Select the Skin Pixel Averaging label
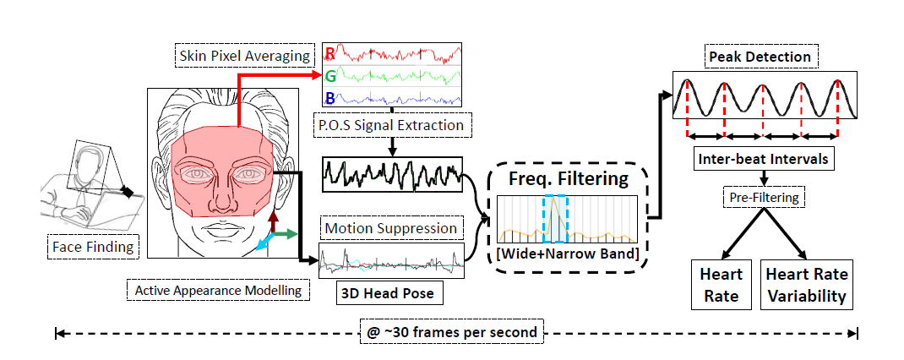[x=245, y=56]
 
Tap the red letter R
[x=329, y=55]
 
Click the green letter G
[x=329, y=77]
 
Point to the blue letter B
[x=329, y=98]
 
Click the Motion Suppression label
[x=391, y=228]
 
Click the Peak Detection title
[x=760, y=57]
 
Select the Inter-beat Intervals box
[x=763, y=158]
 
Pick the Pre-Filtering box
[x=763, y=198]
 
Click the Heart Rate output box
[x=722, y=285]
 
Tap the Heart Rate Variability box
[x=806, y=285]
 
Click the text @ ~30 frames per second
[x=457, y=332]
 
